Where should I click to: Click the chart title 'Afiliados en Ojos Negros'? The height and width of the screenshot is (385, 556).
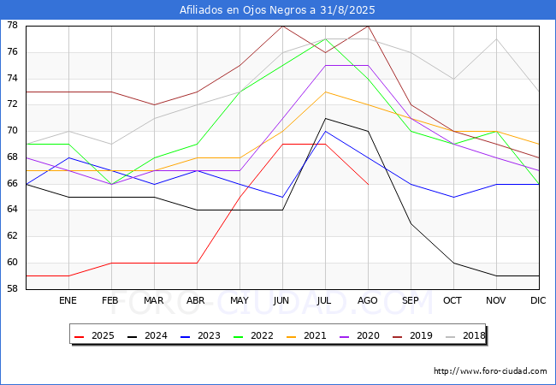point(277,10)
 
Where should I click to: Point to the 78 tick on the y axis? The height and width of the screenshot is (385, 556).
point(14,26)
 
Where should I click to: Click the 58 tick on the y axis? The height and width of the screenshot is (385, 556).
point(14,289)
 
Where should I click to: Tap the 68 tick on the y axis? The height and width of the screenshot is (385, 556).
point(14,157)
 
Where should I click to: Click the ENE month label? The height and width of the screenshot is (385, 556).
point(68,300)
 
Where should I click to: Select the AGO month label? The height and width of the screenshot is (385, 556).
point(368,300)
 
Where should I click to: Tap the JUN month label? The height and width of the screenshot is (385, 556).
point(282,300)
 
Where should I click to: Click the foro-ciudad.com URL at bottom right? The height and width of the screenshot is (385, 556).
point(490,371)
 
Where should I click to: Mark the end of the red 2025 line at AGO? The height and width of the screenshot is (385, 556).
point(368,184)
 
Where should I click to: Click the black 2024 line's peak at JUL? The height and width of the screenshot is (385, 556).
point(325,118)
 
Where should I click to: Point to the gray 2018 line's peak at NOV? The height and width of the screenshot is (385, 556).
point(496,38)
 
